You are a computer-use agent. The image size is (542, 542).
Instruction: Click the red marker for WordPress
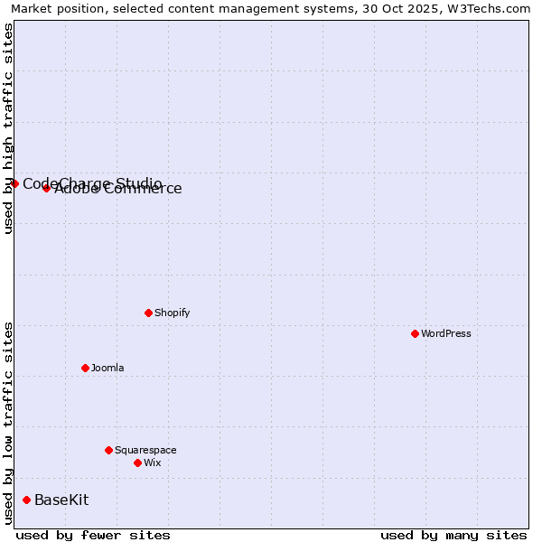tap(415, 333)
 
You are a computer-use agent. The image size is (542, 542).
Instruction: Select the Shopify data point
tap(148, 313)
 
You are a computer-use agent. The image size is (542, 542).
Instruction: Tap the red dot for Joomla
tap(85, 368)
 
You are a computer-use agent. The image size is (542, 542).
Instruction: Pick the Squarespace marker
tap(108, 450)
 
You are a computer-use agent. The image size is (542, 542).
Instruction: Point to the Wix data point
tap(137, 463)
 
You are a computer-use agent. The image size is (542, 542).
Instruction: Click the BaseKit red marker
tap(26, 500)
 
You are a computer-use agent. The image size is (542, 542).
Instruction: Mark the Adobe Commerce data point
tap(46, 188)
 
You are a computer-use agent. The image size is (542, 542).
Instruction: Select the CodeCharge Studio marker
tap(14, 183)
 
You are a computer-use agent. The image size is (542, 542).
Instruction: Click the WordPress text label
tap(446, 333)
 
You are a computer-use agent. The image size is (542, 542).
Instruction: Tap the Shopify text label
tap(173, 313)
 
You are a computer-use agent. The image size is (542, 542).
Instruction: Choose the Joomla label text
tap(107, 368)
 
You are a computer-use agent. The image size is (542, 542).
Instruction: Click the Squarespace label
tap(145, 450)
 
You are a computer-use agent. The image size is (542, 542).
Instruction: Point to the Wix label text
tap(153, 463)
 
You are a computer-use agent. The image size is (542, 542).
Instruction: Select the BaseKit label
tap(61, 500)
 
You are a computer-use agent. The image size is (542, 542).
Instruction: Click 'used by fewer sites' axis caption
tap(93, 535)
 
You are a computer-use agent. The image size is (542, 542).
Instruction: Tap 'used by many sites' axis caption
tap(453, 535)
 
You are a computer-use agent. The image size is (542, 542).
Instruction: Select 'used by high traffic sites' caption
tap(8, 128)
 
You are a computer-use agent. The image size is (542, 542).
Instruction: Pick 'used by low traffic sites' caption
tap(8, 423)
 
